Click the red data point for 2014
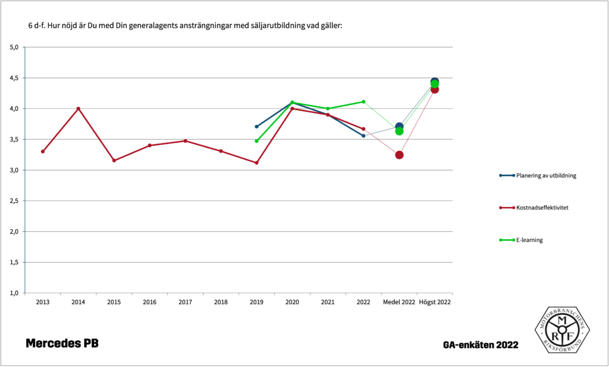[x=79, y=108]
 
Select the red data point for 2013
[x=43, y=152]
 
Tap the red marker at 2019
[x=256, y=162]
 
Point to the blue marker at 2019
[x=256, y=127]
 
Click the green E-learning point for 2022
[x=363, y=102]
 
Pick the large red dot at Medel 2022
[x=399, y=155]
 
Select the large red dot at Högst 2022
[x=435, y=89]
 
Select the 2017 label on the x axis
[x=185, y=303]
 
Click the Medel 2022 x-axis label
[x=399, y=303]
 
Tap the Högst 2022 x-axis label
[x=435, y=303]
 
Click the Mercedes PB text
[x=62, y=344]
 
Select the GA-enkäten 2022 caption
[x=481, y=345]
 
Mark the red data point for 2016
[x=149, y=145]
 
